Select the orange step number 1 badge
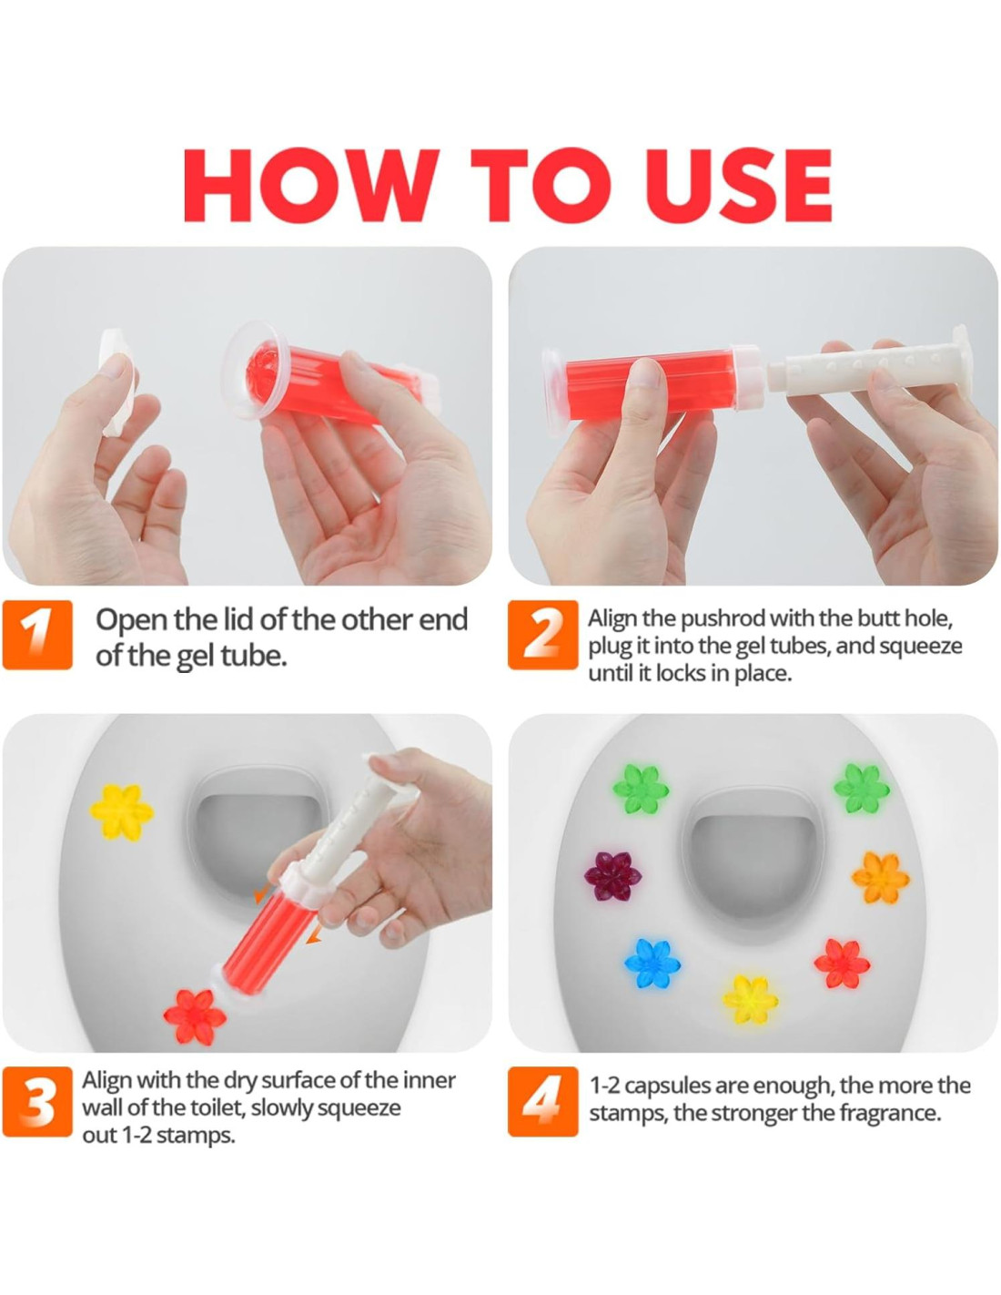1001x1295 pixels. pos(37,635)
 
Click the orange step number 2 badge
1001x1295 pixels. pos(542,635)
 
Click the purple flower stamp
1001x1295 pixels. pos(612,878)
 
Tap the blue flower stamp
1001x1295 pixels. pos(652,962)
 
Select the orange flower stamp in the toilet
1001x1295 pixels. pos(880,878)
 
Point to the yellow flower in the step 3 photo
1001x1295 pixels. pos(121,811)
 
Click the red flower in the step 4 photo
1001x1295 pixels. pos(842,964)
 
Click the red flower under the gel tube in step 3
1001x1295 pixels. pos(195,1017)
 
